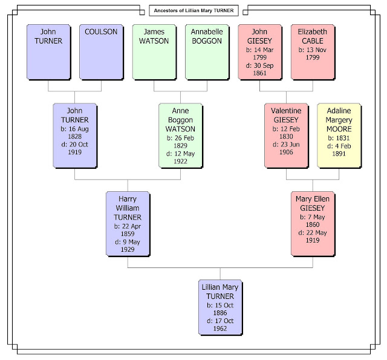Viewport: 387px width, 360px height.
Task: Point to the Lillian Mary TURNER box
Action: [221, 307]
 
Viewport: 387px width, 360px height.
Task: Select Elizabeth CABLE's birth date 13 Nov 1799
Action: [312, 52]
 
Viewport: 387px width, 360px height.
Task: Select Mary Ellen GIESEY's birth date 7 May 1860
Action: [313, 221]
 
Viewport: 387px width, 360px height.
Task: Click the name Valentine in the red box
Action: [286, 110]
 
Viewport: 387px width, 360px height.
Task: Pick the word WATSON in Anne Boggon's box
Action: [180, 127]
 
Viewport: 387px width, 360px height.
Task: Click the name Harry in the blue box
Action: [128, 199]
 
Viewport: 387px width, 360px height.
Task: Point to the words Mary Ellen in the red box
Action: [313, 199]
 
